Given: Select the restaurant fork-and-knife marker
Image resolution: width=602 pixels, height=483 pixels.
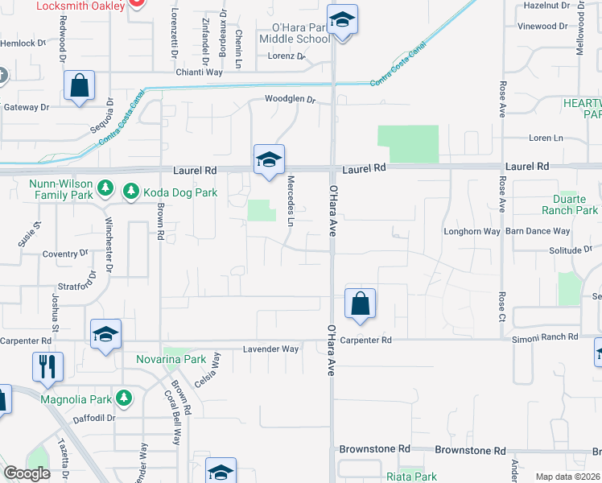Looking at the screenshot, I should click(x=48, y=366).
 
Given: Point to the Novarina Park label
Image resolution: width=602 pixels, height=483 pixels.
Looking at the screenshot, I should click(x=171, y=359).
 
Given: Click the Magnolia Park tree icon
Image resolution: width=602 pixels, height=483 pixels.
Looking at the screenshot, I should click(x=123, y=398).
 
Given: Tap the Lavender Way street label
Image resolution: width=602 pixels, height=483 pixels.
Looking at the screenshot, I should click(x=271, y=349).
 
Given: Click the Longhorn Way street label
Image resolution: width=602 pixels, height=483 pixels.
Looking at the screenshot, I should click(x=472, y=231).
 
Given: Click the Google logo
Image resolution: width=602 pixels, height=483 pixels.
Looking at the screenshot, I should click(x=27, y=473).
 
